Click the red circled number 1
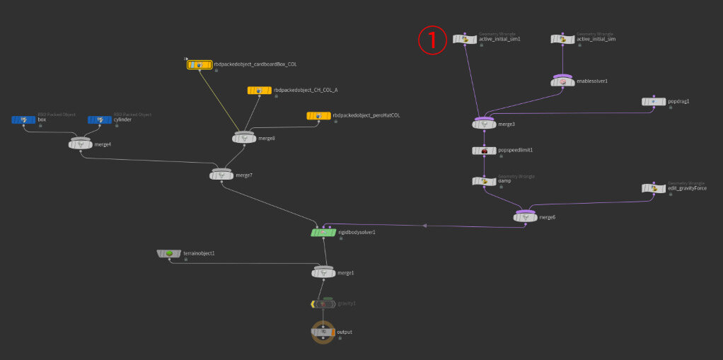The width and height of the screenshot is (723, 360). (432, 40)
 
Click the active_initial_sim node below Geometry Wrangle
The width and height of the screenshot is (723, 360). (562, 40)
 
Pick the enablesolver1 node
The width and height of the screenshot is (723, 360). (562, 82)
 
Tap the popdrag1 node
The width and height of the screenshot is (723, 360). (653, 102)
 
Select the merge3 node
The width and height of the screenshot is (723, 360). (484, 124)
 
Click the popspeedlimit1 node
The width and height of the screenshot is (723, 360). (484, 151)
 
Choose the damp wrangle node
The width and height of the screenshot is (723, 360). (484, 182)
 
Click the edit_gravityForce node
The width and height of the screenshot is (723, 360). (653, 188)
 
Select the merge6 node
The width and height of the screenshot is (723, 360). (525, 217)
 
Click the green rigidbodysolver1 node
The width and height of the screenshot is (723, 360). (323, 232)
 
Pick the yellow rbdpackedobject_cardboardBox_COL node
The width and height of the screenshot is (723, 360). (199, 64)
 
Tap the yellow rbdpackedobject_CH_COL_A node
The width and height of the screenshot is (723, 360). (259, 91)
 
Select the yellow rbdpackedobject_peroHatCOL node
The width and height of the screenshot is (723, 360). (318, 115)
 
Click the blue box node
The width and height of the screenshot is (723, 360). (23, 120)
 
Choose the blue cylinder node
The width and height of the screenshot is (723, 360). (99, 120)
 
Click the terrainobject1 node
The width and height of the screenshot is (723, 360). (170, 253)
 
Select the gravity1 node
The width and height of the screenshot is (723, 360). (323, 304)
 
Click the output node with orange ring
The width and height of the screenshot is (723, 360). (323, 332)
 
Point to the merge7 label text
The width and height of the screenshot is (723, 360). (244, 175)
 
